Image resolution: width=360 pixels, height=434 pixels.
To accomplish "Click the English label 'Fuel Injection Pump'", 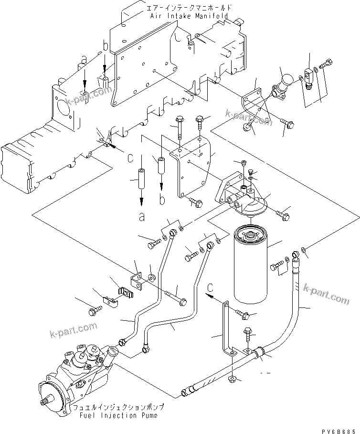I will coord(118,415).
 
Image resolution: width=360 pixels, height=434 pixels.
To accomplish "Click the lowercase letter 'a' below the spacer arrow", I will coord(141,218).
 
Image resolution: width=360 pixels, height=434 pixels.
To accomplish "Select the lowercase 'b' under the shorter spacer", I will coord(162,200).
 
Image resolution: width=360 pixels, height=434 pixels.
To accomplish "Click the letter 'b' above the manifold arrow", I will coord(106,47).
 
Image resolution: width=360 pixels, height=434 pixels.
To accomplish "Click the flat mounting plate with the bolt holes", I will coord(192,167).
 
